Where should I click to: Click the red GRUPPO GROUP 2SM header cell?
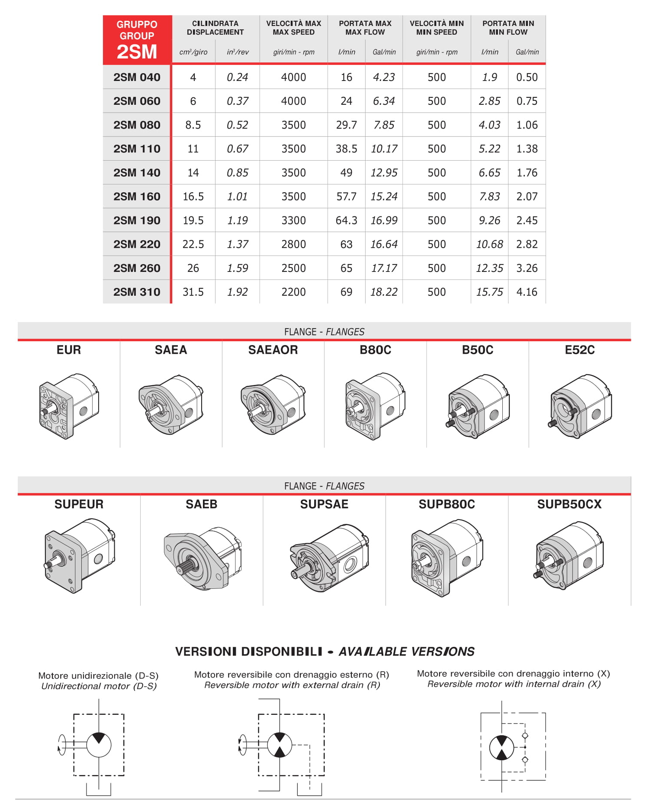(137, 39)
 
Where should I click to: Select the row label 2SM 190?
(137, 220)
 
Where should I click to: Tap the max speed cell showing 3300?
(293, 220)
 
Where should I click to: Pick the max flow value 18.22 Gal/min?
(384, 292)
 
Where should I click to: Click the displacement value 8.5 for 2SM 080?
(193, 125)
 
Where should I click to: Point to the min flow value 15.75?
(489, 292)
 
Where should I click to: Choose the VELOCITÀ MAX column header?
(293, 28)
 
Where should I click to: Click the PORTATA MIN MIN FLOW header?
(508, 28)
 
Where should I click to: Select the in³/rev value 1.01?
(238, 197)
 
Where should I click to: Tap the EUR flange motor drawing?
(69, 406)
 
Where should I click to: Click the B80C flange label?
(375, 350)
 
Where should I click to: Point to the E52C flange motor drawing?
(580, 406)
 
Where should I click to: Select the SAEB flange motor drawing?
(202, 557)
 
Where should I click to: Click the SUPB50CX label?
(569, 504)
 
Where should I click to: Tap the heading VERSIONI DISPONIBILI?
(249, 651)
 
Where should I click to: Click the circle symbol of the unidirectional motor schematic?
(99, 745)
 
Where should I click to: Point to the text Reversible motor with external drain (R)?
(292, 685)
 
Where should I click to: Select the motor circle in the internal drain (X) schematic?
(501, 747)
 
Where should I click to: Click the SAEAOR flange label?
(273, 350)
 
